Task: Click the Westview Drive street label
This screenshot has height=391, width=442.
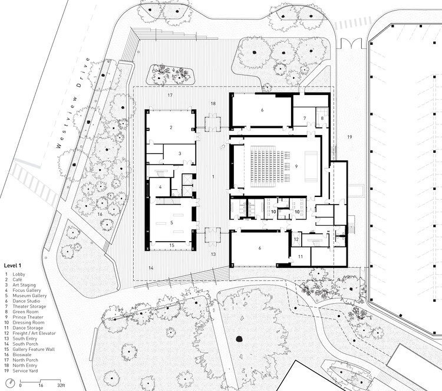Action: point(73,103)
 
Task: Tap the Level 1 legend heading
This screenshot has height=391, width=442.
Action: point(12,265)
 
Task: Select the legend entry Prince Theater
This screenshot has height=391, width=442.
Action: point(28,317)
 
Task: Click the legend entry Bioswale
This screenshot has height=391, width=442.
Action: point(22,354)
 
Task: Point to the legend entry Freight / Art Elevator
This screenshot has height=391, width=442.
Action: point(34,333)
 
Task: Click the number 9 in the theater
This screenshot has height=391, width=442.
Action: point(296,166)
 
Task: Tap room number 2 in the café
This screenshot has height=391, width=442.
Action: point(171,127)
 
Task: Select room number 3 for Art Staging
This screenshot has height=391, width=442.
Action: point(180,153)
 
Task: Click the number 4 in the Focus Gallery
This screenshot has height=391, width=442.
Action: point(160,187)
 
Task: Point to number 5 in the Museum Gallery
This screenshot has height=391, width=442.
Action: point(171,222)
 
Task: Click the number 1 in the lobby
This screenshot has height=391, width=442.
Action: point(213,176)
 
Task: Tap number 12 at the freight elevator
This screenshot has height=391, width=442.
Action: point(296,239)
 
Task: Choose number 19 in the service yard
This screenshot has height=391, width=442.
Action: point(349,137)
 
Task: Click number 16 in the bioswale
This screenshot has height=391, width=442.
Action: point(100,214)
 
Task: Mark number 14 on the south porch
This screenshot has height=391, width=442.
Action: point(151,268)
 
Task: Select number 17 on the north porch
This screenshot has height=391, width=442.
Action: point(170,95)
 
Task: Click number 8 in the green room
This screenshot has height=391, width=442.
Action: point(322,118)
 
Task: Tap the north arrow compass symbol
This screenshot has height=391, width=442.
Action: point(11,383)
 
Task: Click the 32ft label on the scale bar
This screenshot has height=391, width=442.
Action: point(61,385)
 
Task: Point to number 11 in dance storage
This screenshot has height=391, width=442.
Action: point(301,257)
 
